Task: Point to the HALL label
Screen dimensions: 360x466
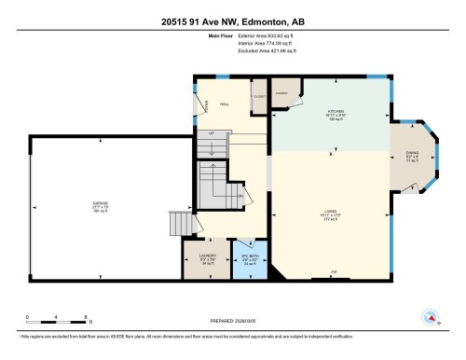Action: (x=224, y=105)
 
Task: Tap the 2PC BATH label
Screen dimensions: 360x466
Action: (x=250, y=256)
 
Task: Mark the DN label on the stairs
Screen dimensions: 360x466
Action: (x=240, y=196)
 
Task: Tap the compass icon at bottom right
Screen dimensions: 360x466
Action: (x=430, y=316)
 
